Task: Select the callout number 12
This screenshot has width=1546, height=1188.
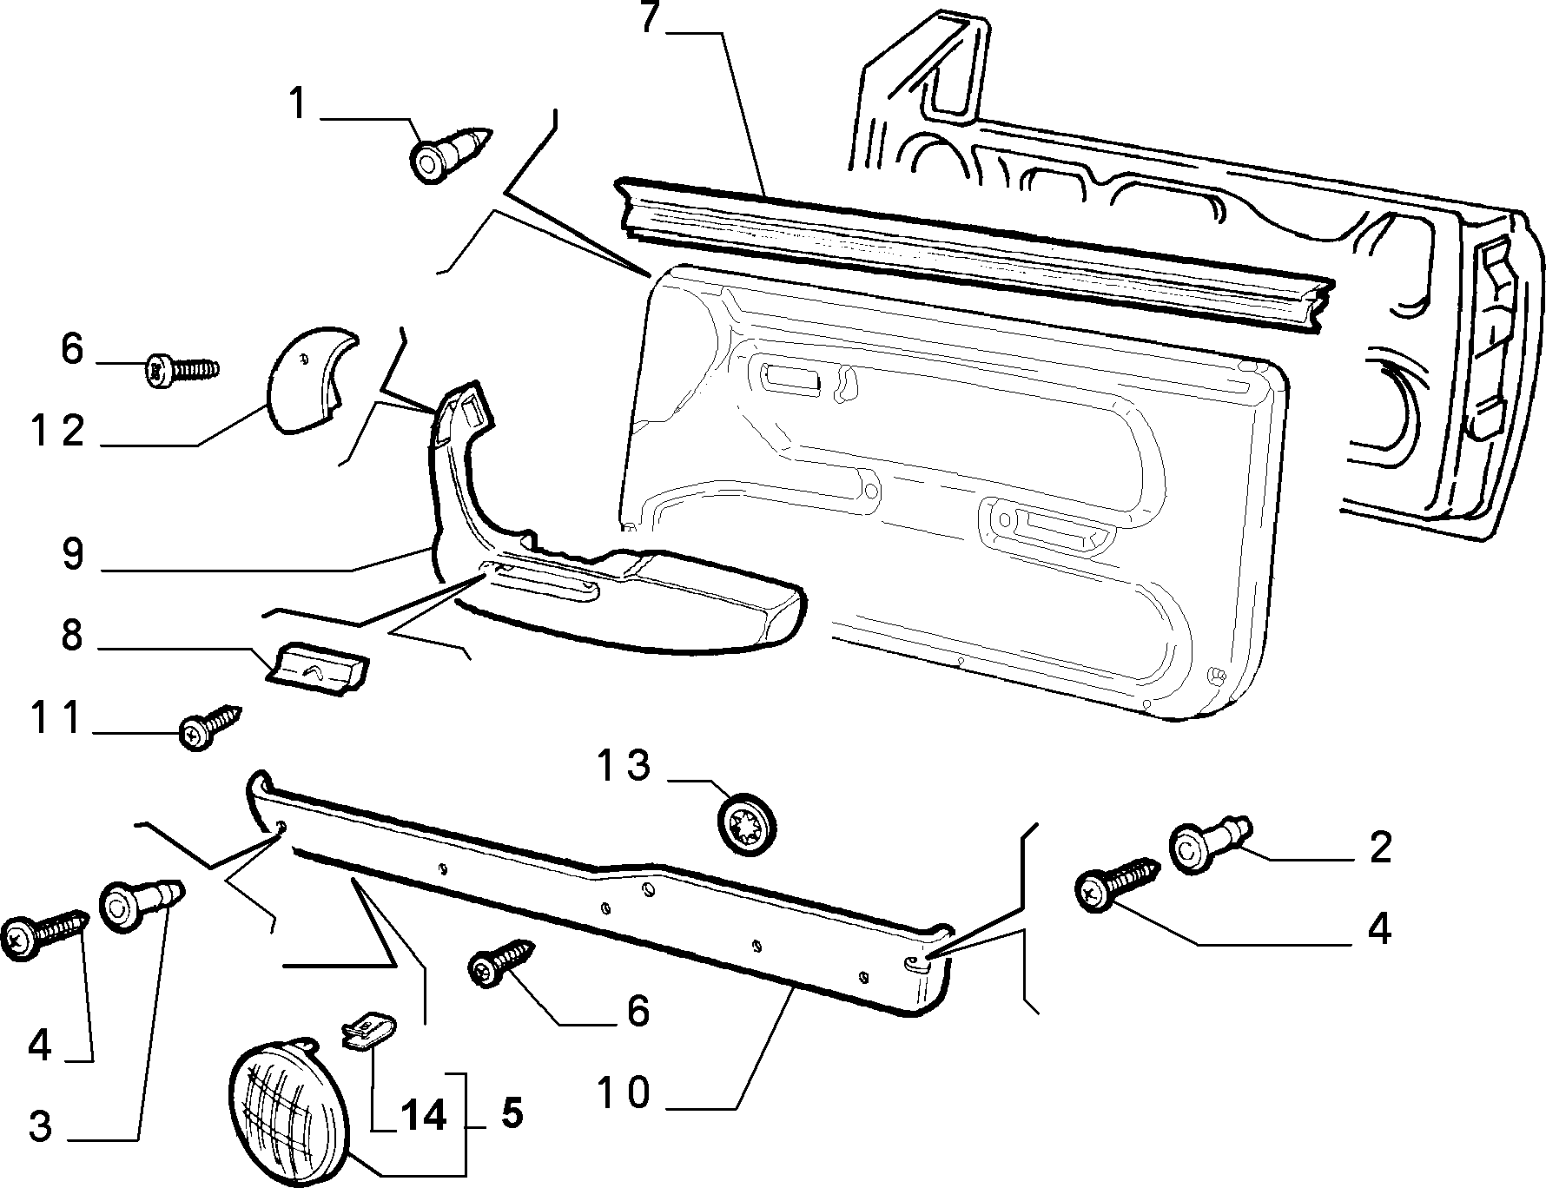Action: pos(59,431)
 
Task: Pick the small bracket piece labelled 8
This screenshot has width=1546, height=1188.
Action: pos(317,667)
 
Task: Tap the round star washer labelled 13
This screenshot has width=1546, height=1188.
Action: pos(747,825)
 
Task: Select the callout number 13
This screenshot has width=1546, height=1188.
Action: pos(624,766)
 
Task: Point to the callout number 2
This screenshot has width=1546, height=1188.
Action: pos(1380,848)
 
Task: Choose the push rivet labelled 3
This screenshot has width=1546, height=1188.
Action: pos(142,905)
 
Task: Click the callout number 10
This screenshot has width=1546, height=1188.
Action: pos(623,1093)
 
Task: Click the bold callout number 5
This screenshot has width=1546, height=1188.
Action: pos(512,1113)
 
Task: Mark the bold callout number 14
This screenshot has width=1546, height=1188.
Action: pos(423,1114)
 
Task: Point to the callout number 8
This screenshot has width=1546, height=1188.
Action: pos(72,637)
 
